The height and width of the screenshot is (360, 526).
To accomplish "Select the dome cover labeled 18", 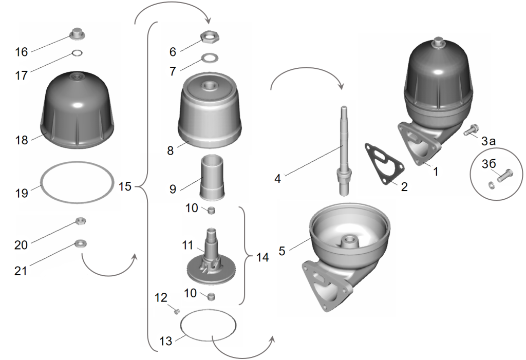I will coord(77,110).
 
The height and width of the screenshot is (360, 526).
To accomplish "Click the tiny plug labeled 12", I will coord(176,311).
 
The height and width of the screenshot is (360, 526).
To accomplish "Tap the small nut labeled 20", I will coord(80,221).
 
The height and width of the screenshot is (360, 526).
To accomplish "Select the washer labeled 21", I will coord(80,242).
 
